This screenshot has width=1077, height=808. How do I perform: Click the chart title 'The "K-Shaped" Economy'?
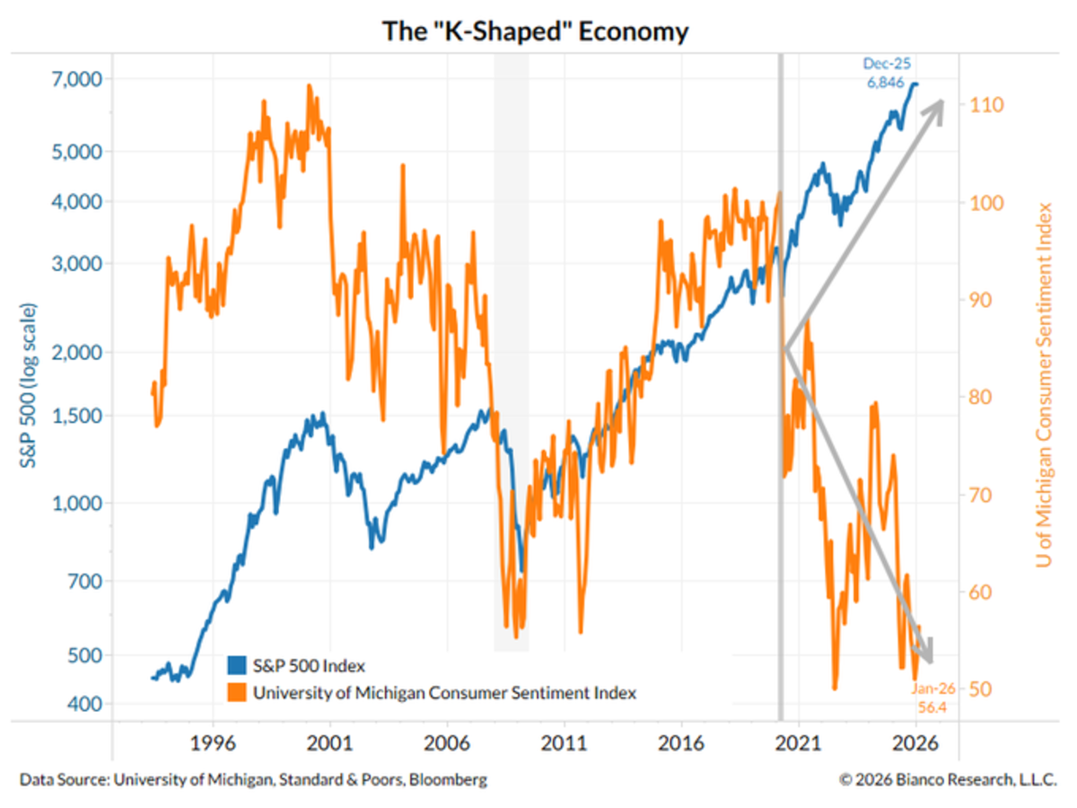pyautogui.click(x=536, y=31)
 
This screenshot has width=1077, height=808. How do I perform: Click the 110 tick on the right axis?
pyautogui.click(x=984, y=105)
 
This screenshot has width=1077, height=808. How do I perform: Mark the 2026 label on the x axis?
pyautogui.click(x=915, y=743)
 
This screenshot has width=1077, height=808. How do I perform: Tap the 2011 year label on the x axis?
pyautogui.click(x=565, y=743)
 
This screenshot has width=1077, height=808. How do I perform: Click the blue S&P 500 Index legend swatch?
pyautogui.click(x=235, y=666)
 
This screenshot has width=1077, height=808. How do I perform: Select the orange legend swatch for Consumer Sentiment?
pyautogui.click(x=235, y=693)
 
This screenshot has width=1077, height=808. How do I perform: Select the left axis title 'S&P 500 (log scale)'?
pyautogui.click(x=31, y=386)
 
